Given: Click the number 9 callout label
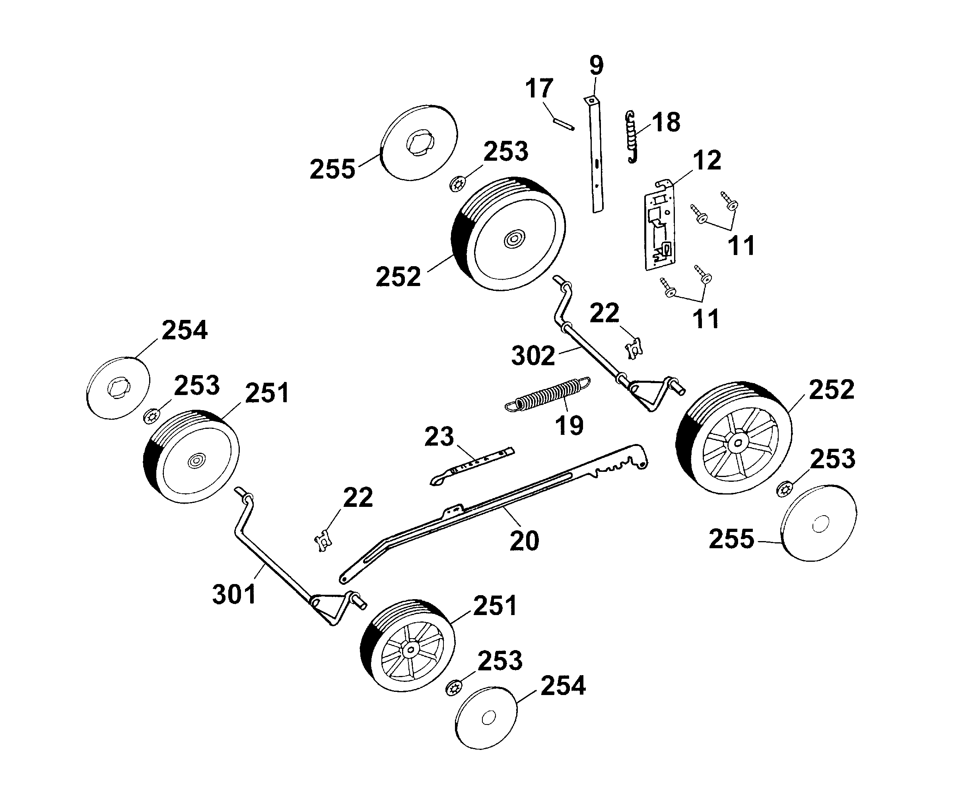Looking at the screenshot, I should (x=596, y=65).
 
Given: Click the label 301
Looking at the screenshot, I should (x=234, y=594).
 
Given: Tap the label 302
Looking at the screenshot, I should (x=533, y=356).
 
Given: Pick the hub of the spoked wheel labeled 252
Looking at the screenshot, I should (x=738, y=443).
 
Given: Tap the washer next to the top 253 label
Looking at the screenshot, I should (x=457, y=185).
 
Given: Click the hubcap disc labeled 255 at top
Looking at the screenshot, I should (x=419, y=143).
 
